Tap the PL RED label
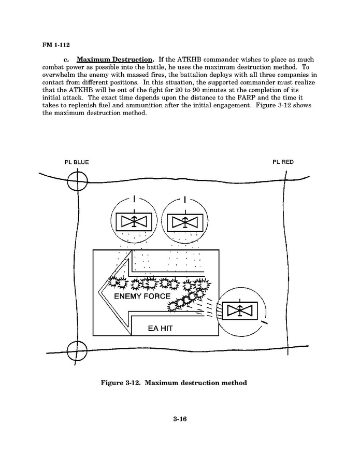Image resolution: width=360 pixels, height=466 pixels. tap(283, 162)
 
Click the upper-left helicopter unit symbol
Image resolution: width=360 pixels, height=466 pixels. tap(134, 222)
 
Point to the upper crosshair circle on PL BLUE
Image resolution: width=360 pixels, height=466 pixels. tap(78, 181)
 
